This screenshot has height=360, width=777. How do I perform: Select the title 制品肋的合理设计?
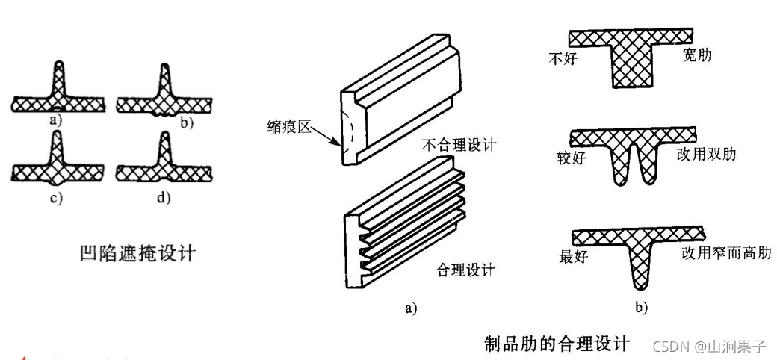tap(557, 344)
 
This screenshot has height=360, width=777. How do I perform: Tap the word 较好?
tap(572, 158)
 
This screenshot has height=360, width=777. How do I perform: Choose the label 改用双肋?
tap(706, 154)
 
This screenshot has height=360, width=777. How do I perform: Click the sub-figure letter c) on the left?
tap(56, 198)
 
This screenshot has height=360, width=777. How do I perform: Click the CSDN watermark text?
tap(709, 346)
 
